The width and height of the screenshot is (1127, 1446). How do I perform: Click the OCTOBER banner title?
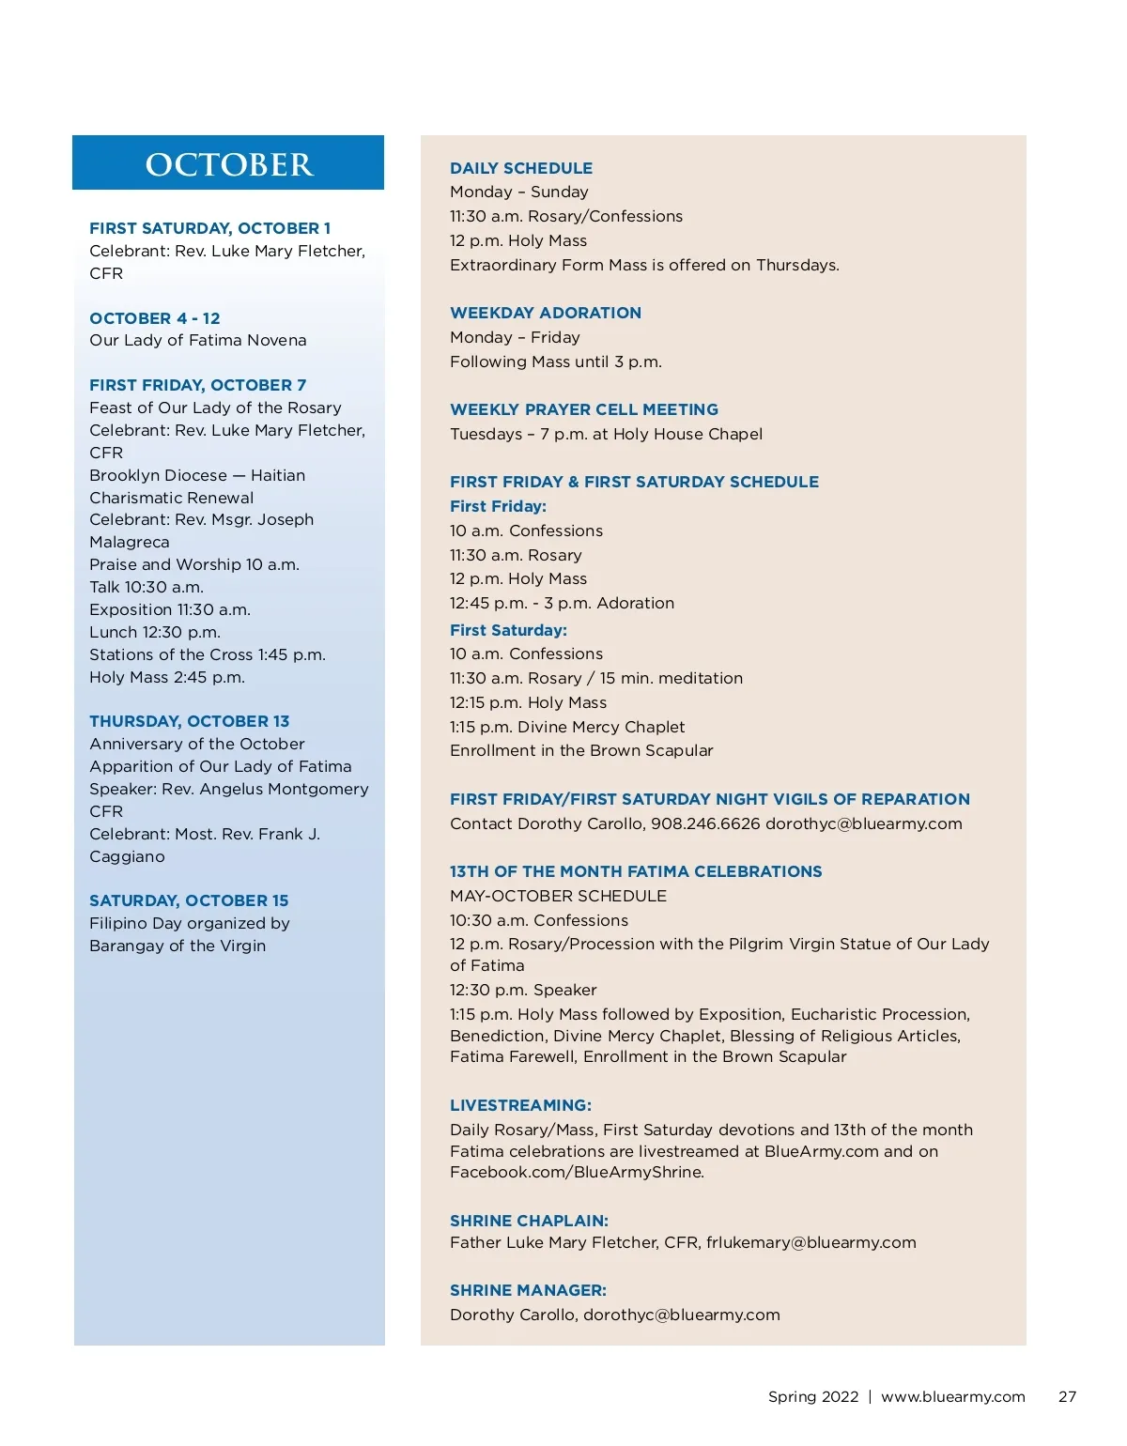tap(228, 164)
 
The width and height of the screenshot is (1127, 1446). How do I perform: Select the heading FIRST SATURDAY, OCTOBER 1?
tap(209, 228)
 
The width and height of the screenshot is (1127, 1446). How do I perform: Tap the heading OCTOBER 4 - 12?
tap(154, 318)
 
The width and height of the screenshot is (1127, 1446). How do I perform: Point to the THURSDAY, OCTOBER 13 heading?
tap(189, 721)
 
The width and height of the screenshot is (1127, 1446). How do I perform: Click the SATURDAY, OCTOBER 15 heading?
tap(189, 900)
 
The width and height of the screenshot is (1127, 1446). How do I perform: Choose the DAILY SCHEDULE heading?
tap(520, 168)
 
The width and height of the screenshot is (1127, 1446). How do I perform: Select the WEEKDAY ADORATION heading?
tap(545, 313)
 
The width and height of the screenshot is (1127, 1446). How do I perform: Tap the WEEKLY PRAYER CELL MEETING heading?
tap(583, 409)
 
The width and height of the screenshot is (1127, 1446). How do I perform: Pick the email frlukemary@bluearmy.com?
tap(811, 1242)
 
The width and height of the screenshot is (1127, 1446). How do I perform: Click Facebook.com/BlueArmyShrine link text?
tap(576, 1172)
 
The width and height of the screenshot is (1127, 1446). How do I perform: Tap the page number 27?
tap(1067, 1396)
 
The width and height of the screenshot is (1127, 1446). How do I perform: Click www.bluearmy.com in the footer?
tap(952, 1396)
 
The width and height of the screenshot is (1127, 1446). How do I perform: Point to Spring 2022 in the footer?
tap(813, 1396)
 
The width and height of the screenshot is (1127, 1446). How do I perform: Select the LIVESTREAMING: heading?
tap(520, 1105)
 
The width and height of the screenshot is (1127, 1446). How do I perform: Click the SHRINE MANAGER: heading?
tap(528, 1290)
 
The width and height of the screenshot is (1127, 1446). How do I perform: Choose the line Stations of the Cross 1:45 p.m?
tap(207, 654)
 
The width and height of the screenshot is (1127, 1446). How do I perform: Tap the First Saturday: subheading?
tap(508, 630)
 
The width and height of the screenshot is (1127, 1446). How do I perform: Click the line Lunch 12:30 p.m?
tap(155, 632)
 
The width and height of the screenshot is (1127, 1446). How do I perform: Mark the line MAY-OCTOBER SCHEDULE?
tap(558, 896)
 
